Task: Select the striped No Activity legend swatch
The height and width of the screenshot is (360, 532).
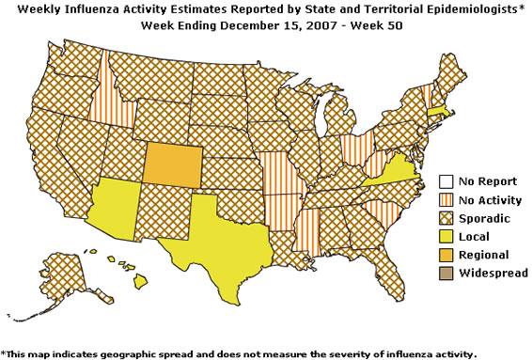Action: click(x=446, y=200)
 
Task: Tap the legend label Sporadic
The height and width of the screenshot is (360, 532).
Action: click(x=483, y=218)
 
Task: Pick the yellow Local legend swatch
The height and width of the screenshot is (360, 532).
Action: click(x=446, y=236)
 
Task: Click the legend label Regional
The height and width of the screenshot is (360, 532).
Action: click(x=484, y=254)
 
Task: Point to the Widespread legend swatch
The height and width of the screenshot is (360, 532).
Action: click(x=446, y=272)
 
